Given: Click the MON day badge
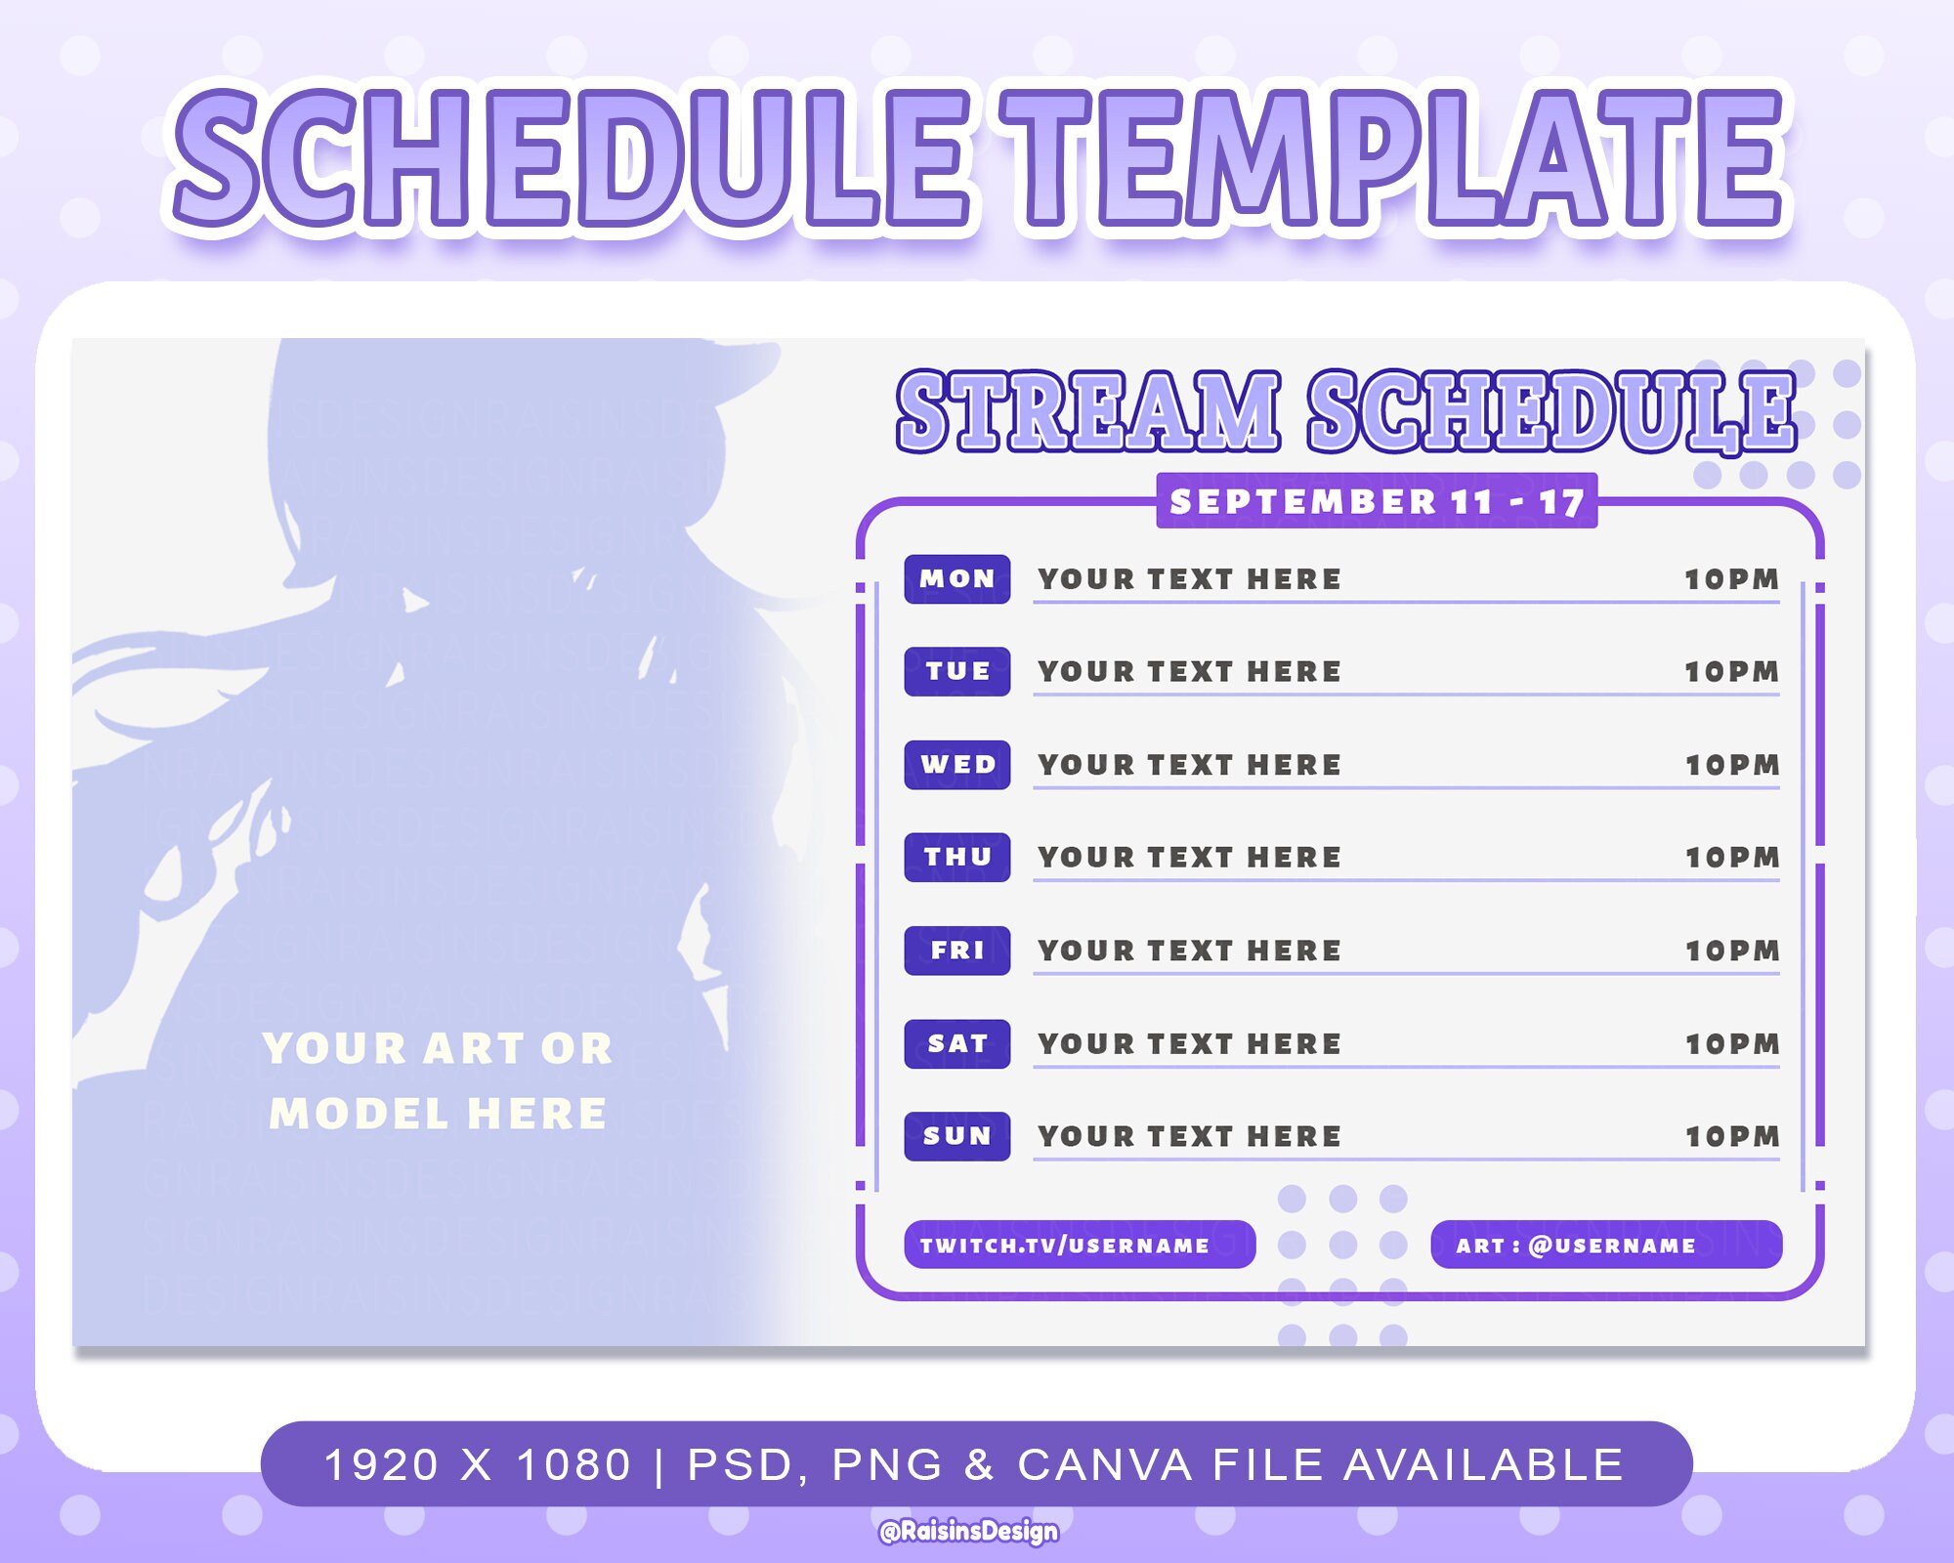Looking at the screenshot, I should coord(956,578).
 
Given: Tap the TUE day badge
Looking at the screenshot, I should coord(956,671).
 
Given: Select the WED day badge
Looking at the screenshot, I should coord(956,764).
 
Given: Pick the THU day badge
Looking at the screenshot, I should coord(956,857).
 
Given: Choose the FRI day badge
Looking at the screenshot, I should coord(956,950).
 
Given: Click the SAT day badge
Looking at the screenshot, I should coord(956,1043).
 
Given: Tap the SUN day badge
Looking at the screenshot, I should coord(956,1136).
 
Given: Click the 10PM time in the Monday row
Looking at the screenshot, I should coord(1731,579).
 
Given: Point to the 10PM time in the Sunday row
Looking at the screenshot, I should coord(1731,1136).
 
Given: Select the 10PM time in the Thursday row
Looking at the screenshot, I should coord(1731,858).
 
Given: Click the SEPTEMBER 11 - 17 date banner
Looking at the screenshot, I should coord(1377,501).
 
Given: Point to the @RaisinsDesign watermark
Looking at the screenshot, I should coord(968,1531).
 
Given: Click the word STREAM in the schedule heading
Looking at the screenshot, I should coord(1088,411).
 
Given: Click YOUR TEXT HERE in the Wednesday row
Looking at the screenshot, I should coord(1189,765).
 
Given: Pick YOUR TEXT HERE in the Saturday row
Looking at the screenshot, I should coord(1189,1043).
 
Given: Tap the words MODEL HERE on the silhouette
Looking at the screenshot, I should coord(438,1114).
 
